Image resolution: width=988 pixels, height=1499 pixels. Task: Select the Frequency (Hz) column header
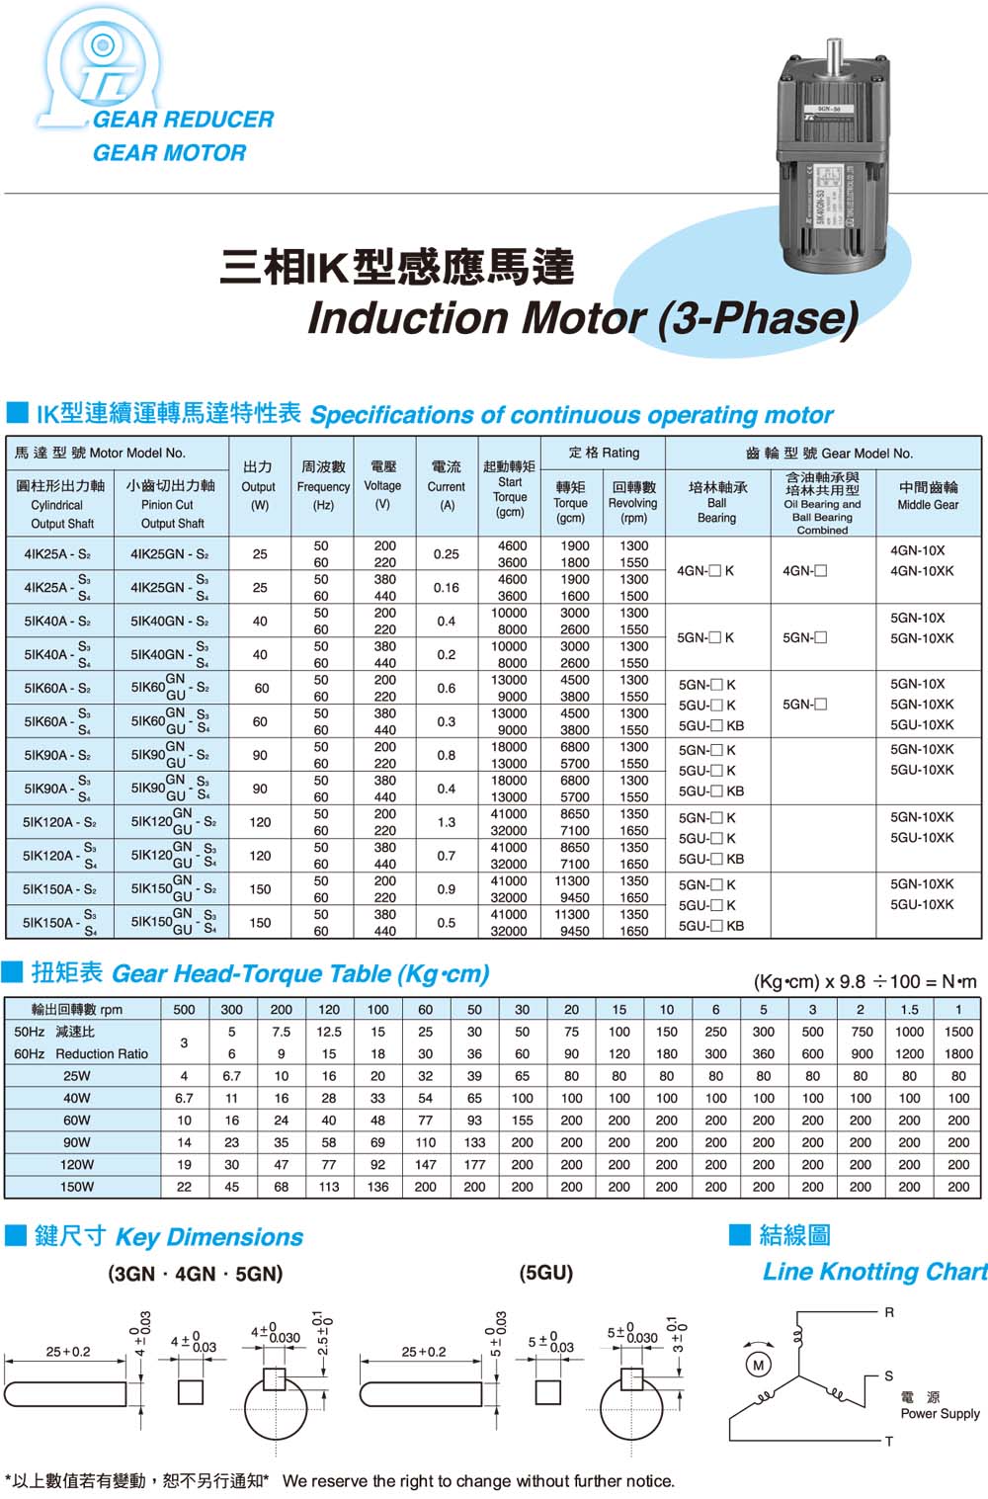[x=323, y=485]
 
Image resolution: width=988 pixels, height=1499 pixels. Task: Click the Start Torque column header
[x=510, y=488]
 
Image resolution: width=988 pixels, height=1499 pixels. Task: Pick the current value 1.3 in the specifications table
[x=447, y=822]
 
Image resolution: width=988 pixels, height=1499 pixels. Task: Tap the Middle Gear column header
[x=928, y=495]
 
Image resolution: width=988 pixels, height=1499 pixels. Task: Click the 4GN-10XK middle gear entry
[x=922, y=571]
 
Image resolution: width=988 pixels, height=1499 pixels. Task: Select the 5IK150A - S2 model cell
[x=59, y=889]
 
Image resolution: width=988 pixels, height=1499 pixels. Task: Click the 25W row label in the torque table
[x=76, y=1076]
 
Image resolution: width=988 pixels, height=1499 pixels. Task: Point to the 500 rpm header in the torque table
[x=184, y=1010]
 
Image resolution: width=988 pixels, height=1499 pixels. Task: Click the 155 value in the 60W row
[x=522, y=1121]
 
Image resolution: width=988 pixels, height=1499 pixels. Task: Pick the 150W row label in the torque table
[x=76, y=1187]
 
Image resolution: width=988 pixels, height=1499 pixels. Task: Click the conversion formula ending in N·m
[x=864, y=981]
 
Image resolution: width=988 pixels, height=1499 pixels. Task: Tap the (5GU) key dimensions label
[x=545, y=1273]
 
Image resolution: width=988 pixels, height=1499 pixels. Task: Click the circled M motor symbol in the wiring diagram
[x=758, y=1365]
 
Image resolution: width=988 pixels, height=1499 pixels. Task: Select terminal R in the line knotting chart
[x=889, y=1313]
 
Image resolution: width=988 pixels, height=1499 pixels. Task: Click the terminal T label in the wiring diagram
[x=889, y=1442]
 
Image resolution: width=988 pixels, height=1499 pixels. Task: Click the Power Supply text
[x=940, y=1414]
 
